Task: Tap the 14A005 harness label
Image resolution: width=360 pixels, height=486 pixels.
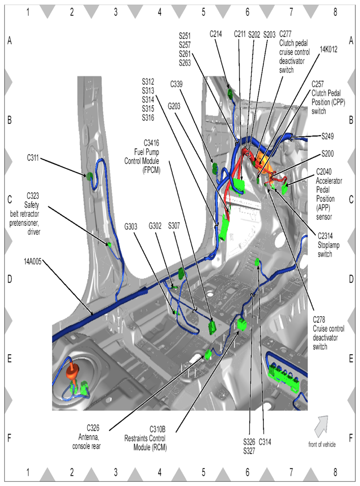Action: tap(34, 261)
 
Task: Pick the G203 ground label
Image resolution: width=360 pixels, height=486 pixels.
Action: tap(176, 106)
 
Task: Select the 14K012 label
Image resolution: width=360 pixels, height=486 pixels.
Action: tap(329, 50)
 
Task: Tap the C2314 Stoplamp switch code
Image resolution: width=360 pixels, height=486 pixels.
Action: tap(326, 236)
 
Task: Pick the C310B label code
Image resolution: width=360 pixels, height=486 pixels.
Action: tap(157, 429)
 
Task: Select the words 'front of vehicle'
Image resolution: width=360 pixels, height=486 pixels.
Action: tap(322, 444)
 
